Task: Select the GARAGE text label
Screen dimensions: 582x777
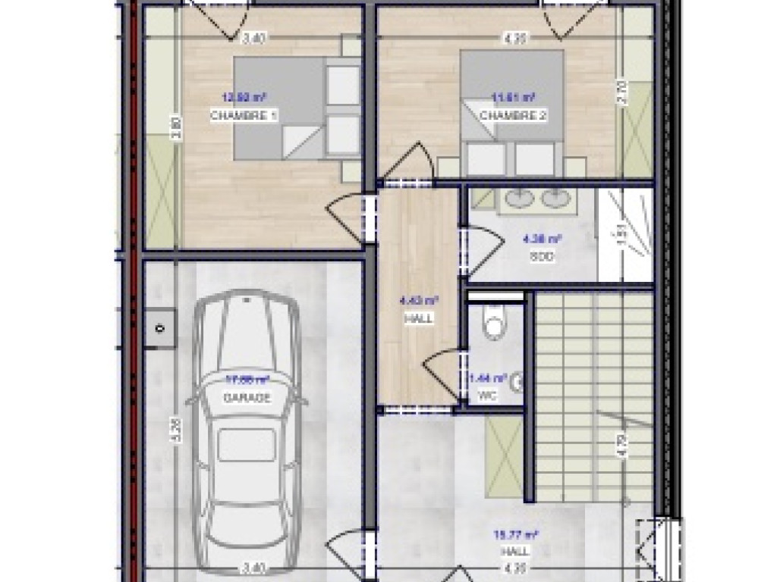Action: pos(247,398)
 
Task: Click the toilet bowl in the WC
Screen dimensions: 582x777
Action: pos(494,324)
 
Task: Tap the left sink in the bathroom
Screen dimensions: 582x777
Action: pos(520,199)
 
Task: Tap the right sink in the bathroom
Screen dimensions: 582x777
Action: pos(556,199)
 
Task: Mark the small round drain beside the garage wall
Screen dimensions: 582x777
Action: pos(160,328)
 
